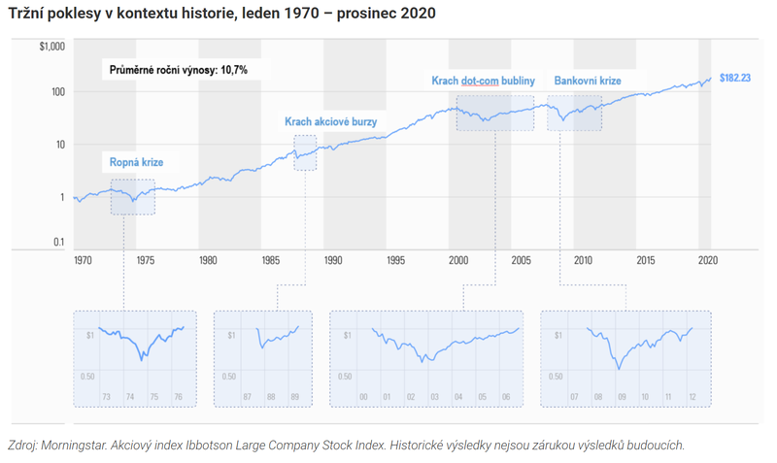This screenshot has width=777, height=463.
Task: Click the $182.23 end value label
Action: pos(734,78)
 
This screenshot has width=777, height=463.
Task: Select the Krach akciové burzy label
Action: pos(330,122)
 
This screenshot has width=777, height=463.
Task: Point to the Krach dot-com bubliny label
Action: pos(483,81)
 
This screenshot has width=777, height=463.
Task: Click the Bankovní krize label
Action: pos(587,81)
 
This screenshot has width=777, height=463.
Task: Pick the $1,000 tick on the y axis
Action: pos(51,47)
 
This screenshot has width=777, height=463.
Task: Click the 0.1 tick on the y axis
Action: pos(57,243)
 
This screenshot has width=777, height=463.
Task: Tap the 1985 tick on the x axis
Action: pos(270,261)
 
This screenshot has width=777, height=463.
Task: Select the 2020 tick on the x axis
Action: pos(707,261)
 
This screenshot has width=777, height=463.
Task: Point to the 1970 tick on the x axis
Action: pos(84,261)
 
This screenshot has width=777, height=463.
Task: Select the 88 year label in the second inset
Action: pos(271,397)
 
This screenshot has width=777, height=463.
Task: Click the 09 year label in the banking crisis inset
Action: pos(621,397)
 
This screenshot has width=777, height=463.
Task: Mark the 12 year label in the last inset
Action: pos(692,397)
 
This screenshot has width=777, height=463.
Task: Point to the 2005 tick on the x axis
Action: pos(521,261)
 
